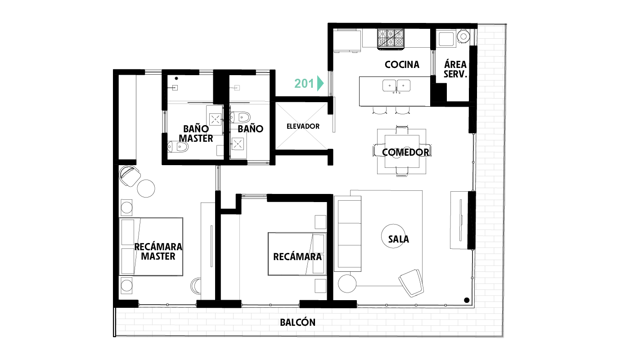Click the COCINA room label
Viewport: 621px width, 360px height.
point(402,64)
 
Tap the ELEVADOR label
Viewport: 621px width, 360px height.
point(303,126)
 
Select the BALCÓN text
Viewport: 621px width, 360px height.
point(297,322)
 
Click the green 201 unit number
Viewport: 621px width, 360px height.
point(304,83)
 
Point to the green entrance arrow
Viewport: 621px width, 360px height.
point(320,83)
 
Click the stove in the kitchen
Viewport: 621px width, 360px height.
point(390,39)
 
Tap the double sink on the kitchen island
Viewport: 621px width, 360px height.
point(396,86)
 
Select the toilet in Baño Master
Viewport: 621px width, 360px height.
point(178,147)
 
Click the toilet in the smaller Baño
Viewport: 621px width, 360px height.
point(240,117)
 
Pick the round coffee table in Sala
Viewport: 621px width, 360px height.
point(393,236)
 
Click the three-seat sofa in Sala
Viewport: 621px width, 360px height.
point(348,234)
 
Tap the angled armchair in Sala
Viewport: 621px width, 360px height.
point(411,283)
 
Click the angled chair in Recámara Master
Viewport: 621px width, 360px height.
point(130,176)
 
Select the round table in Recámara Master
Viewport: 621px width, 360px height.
point(146,189)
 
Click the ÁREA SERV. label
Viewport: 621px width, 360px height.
point(455,69)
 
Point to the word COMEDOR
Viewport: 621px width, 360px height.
point(405,152)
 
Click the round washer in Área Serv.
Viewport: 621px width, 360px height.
point(463,36)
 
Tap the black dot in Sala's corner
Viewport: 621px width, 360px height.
point(467,300)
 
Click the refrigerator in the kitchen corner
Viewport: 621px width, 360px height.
point(347,41)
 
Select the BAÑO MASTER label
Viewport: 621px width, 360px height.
point(196,134)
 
